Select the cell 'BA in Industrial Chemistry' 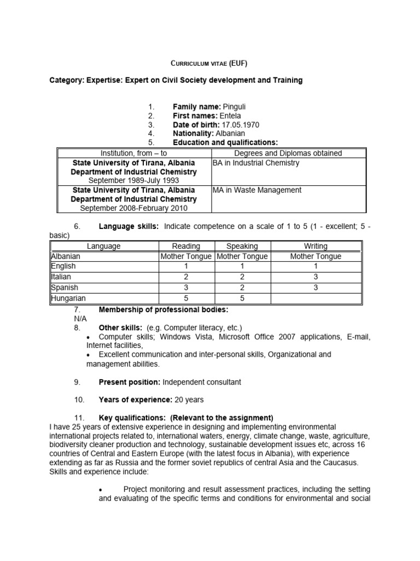tap(256, 163)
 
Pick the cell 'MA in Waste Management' tap(257, 190)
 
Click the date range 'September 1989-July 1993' tap(134, 180)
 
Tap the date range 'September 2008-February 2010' tap(134, 208)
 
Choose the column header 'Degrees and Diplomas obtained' tap(288, 153)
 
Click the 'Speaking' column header tap(242, 247)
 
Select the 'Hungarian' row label tap(68, 298)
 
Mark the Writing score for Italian tap(316, 277)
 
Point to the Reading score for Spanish tap(186, 288)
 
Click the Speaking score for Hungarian tap(242, 298)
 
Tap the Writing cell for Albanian tap(316, 256)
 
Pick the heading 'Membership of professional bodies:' tap(155, 310)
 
